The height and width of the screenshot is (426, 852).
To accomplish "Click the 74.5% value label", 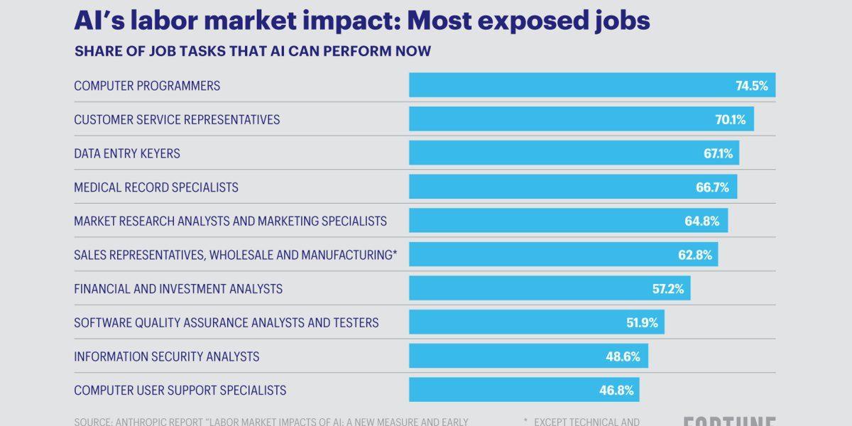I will [751, 86].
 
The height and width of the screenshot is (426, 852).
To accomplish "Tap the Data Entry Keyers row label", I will [127, 153].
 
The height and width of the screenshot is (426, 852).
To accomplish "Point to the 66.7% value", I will [712, 187].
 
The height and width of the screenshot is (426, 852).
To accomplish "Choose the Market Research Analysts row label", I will [230, 221].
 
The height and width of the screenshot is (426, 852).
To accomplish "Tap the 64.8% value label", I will [702, 221].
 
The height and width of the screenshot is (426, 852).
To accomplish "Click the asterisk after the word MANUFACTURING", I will [395, 253].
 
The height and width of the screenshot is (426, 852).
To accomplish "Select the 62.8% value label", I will [694, 255].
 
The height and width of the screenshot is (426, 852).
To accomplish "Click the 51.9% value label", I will [642, 322].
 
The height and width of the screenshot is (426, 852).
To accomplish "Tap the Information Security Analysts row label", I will [166, 356].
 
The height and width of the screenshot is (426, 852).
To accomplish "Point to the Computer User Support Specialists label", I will [180, 390].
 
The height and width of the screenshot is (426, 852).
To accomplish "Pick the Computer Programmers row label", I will [147, 86].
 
